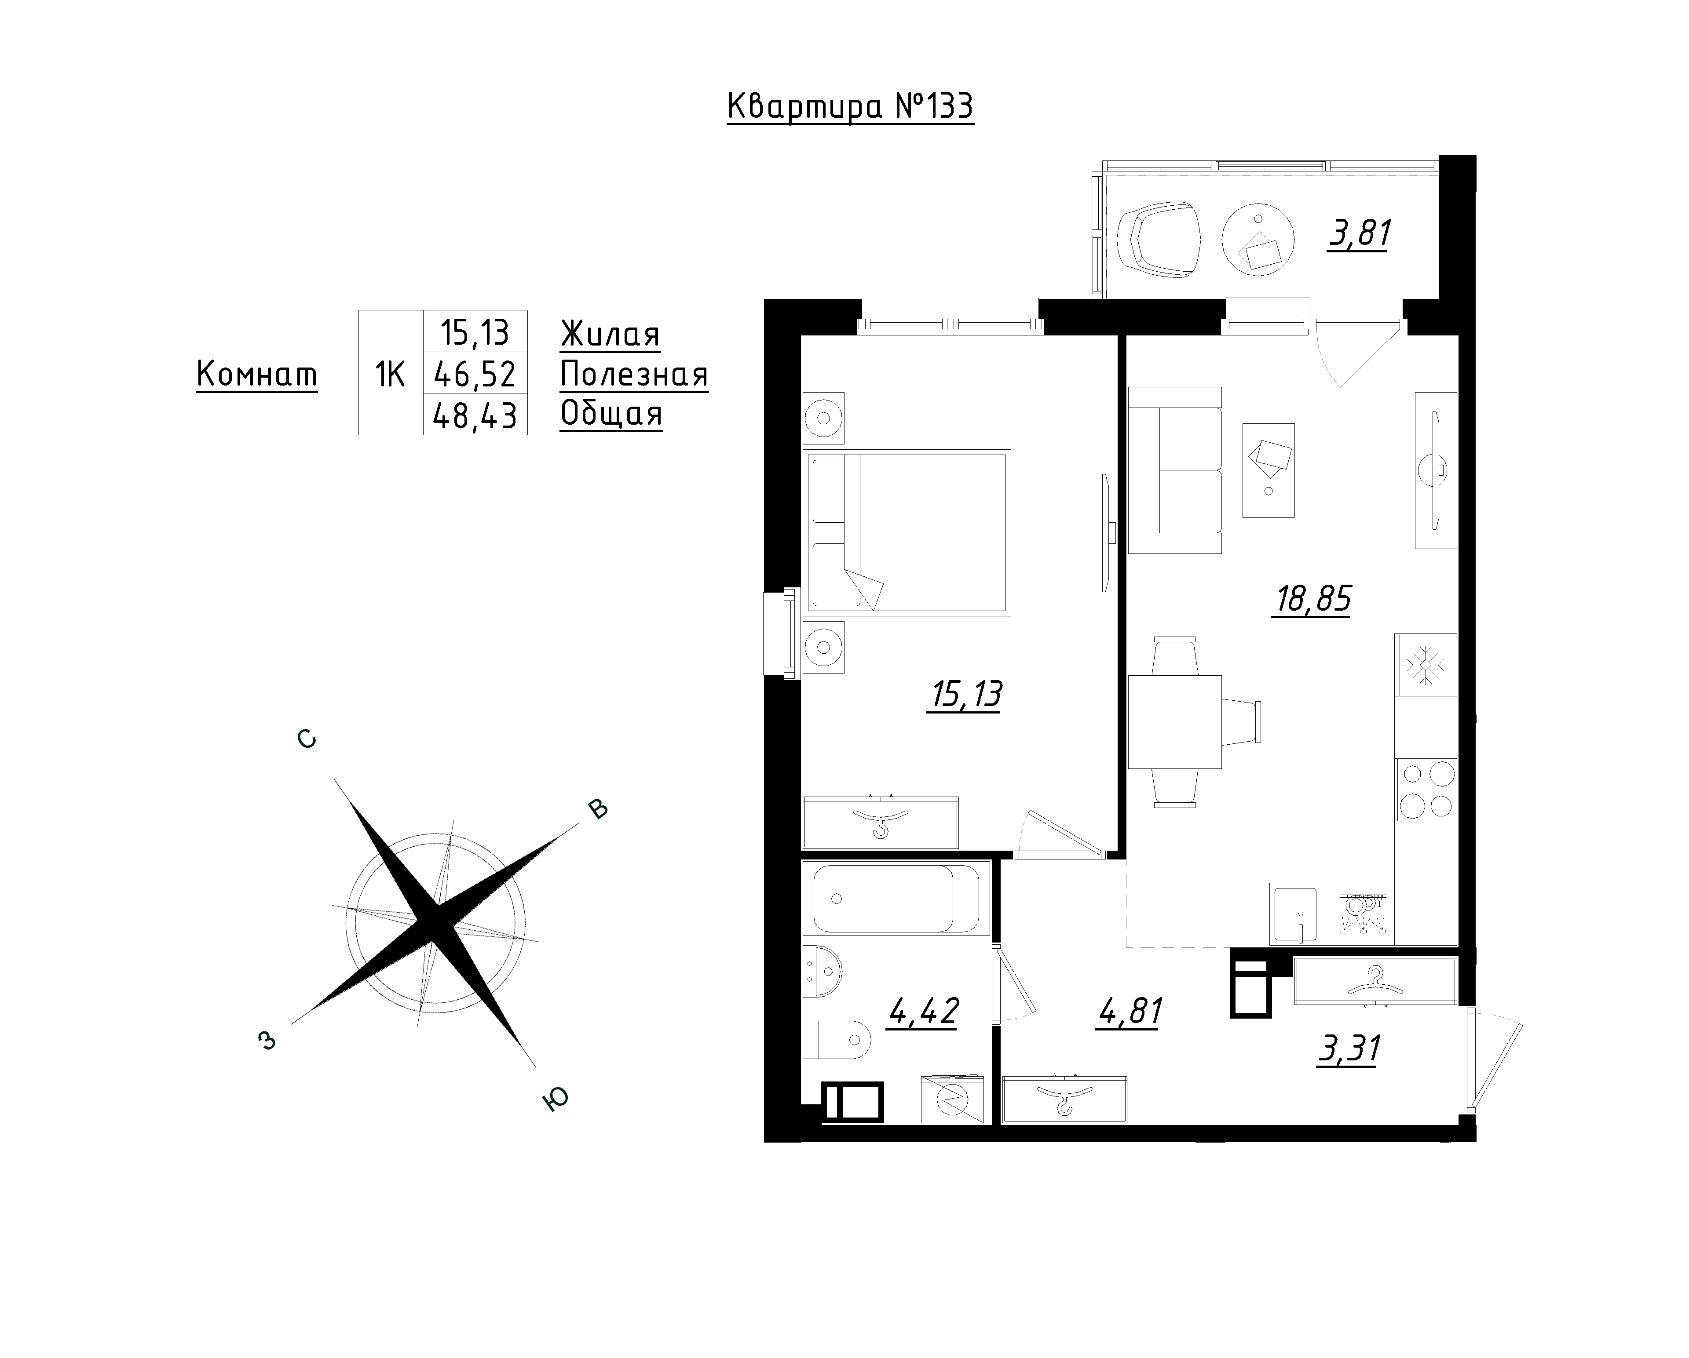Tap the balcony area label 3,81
coord(1359,233)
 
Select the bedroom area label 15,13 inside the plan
coord(965,695)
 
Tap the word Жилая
coord(610,335)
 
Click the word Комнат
coord(257,375)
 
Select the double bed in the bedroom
coord(907,532)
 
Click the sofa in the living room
coord(1175,470)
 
